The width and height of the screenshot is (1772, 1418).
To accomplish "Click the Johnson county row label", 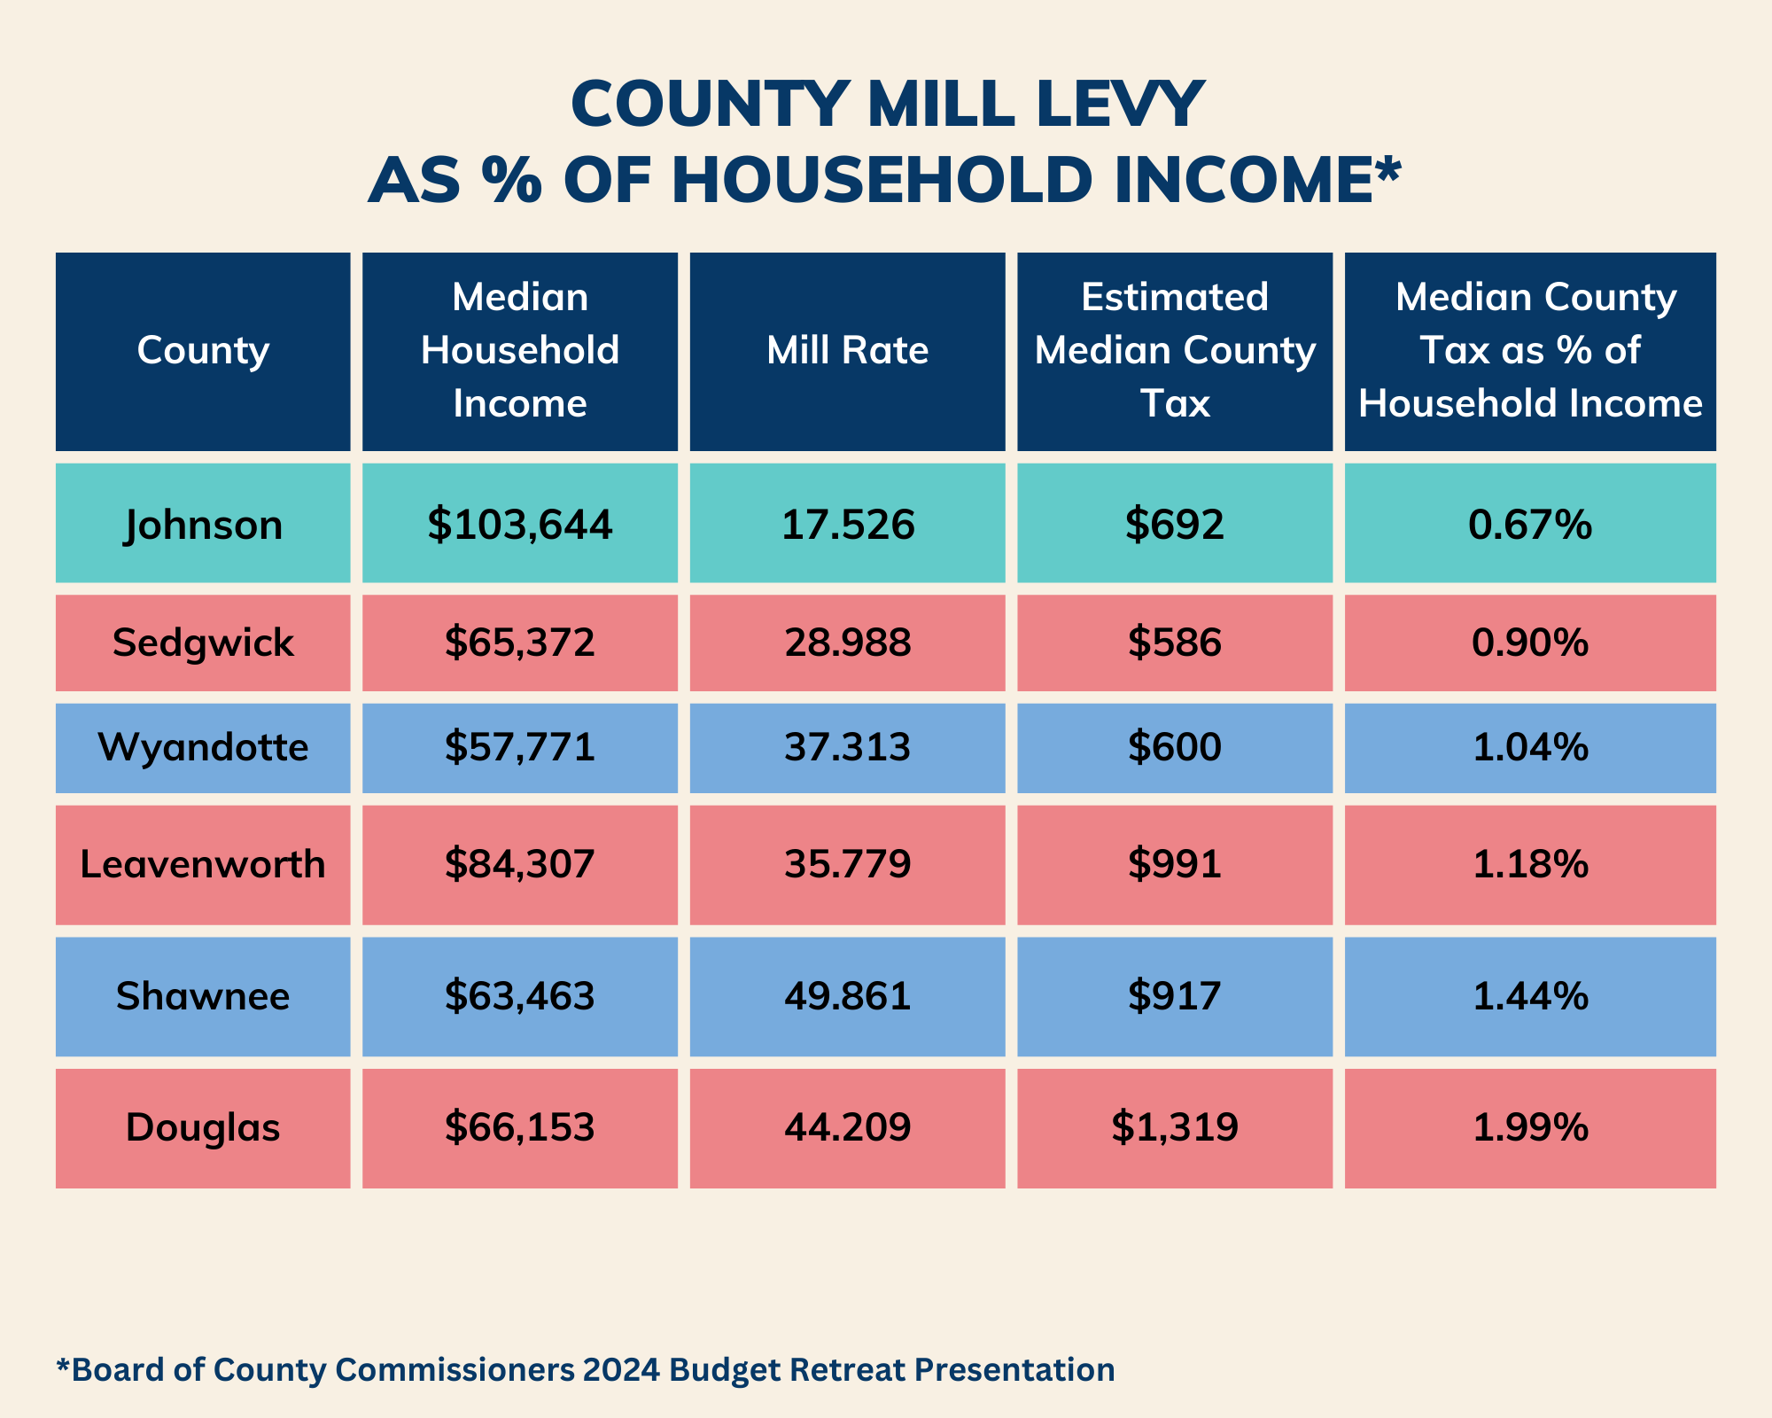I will click(x=203, y=525).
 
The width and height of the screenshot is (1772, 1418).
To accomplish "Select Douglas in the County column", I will click(x=203, y=1127).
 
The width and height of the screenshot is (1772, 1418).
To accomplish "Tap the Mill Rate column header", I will click(x=847, y=351).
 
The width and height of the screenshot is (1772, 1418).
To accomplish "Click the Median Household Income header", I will click(x=520, y=351).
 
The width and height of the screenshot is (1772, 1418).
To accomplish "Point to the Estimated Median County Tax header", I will click(x=1175, y=351).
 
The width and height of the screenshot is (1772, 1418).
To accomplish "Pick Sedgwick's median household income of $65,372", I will click(x=520, y=643).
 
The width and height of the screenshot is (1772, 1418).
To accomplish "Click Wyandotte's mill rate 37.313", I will click(x=847, y=748).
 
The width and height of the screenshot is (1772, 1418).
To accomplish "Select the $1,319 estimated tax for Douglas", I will click(x=1175, y=1127).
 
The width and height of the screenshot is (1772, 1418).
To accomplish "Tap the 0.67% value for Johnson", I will click(x=1530, y=525).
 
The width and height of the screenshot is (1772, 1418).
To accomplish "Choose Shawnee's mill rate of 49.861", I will click(x=847, y=997).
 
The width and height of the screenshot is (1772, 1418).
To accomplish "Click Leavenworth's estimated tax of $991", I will click(x=1175, y=864).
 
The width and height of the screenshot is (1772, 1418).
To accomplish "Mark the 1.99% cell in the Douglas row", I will click(x=1530, y=1127).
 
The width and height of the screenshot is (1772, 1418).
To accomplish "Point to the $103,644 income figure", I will click(x=520, y=525).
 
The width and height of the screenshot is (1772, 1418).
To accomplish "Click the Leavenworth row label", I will click(x=203, y=864).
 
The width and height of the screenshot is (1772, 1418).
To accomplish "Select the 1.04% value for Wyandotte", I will click(x=1530, y=748).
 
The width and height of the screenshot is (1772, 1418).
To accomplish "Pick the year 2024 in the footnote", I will click(x=621, y=1369).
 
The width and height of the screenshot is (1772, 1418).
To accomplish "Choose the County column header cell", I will click(x=203, y=351).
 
